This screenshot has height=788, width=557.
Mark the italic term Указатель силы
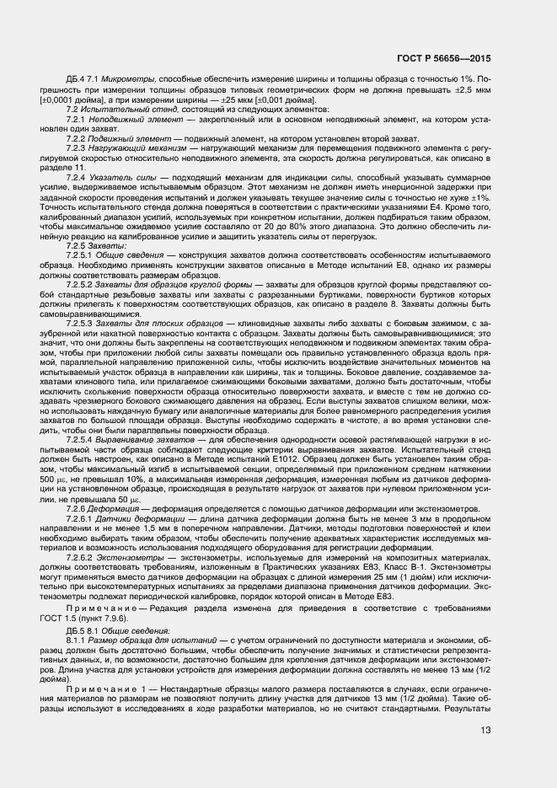pos(125,208)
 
